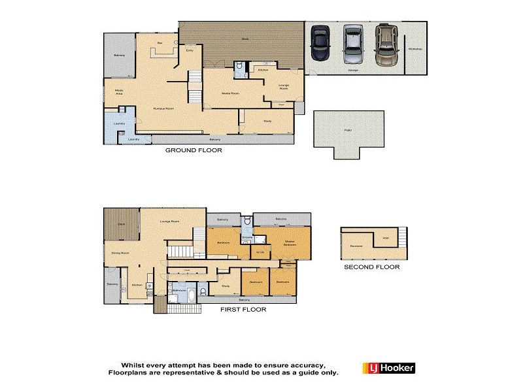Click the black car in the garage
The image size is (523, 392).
320,41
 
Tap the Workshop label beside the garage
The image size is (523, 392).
415,49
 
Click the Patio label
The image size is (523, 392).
348,130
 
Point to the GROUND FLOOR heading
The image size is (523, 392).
193,150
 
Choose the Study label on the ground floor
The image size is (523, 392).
267,121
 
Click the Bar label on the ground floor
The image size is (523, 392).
160,43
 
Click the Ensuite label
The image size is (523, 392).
247,237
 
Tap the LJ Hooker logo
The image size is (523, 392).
388,368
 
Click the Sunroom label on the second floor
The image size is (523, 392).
356,246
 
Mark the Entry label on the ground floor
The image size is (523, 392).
190,50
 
